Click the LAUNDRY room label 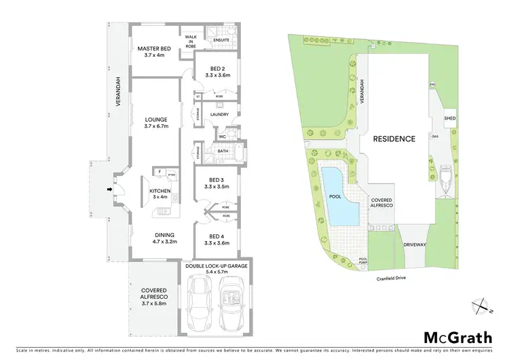point(219,114)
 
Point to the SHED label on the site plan point(450,118)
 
